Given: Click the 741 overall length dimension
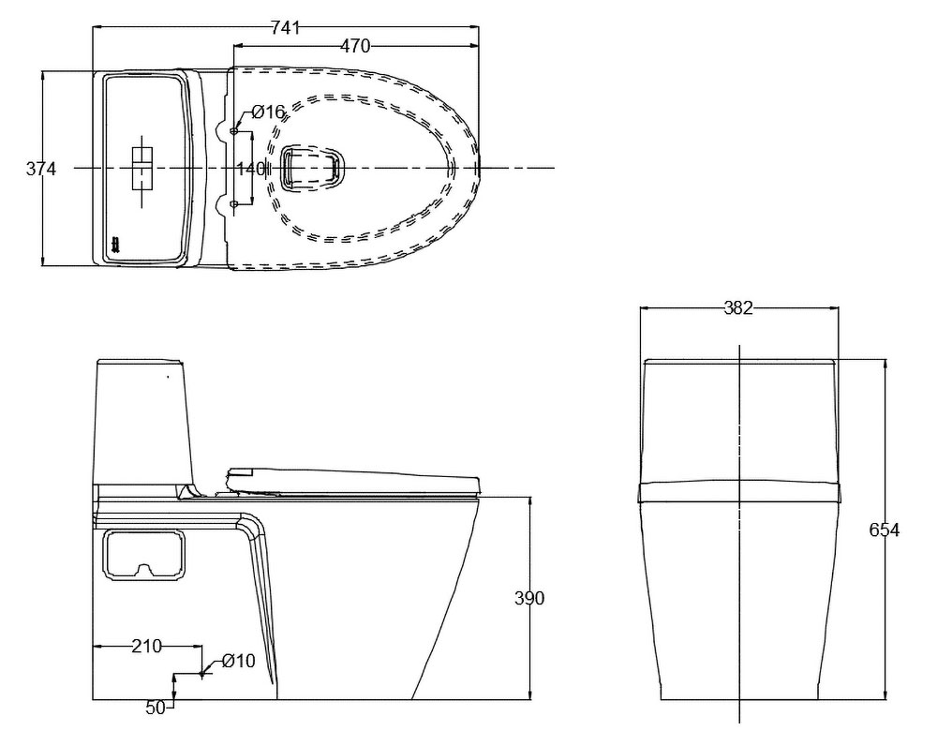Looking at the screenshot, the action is pos(286,27).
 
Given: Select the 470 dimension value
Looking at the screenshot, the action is pos(355,46).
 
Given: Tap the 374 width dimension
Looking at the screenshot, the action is pos(40,170).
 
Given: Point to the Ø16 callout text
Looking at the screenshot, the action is pos(268,112).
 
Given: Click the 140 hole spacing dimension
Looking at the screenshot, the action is pos(251,169).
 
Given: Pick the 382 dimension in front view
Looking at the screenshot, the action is pos(738,307).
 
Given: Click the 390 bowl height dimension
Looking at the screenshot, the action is pos(529,598).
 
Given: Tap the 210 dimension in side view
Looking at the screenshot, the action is pos(146,646).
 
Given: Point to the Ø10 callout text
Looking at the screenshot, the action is pos(238,661).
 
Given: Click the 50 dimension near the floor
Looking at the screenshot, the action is pos(156,708).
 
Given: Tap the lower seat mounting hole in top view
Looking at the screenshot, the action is pos(234,205).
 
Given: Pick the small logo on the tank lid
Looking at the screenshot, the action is pos(115,245).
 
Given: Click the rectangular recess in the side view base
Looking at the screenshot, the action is pos(144,556).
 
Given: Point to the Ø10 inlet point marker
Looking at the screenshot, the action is pos(202,673).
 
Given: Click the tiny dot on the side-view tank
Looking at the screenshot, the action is pos(168,377).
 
